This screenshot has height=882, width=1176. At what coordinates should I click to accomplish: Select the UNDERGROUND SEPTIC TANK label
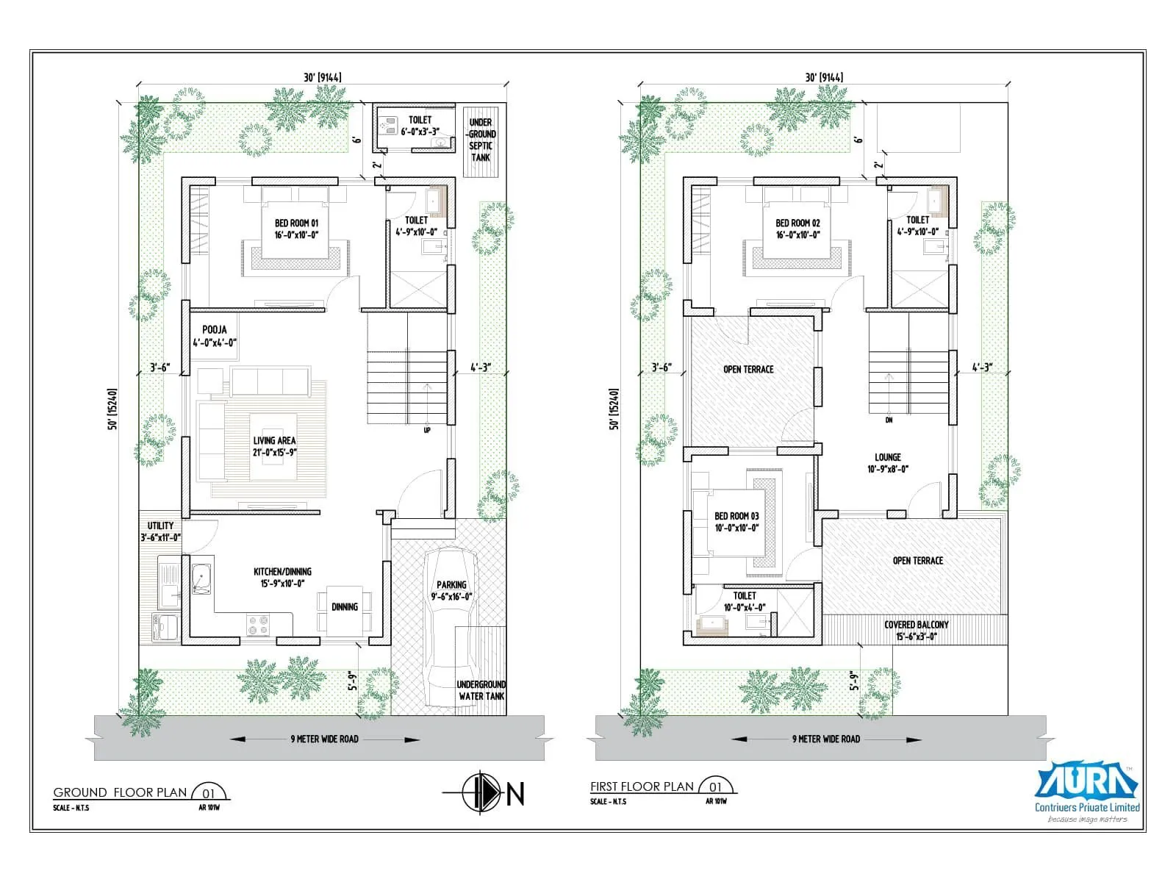tap(481, 140)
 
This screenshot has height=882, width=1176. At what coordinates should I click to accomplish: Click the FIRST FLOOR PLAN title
tap(642, 786)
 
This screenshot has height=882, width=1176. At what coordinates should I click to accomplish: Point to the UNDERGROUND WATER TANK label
tap(481, 689)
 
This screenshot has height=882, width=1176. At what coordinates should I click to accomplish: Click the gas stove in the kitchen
tap(259, 625)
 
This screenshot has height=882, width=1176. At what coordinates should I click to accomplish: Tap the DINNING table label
tap(345, 606)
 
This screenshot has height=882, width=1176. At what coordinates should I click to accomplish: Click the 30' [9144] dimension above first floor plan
tap(823, 77)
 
